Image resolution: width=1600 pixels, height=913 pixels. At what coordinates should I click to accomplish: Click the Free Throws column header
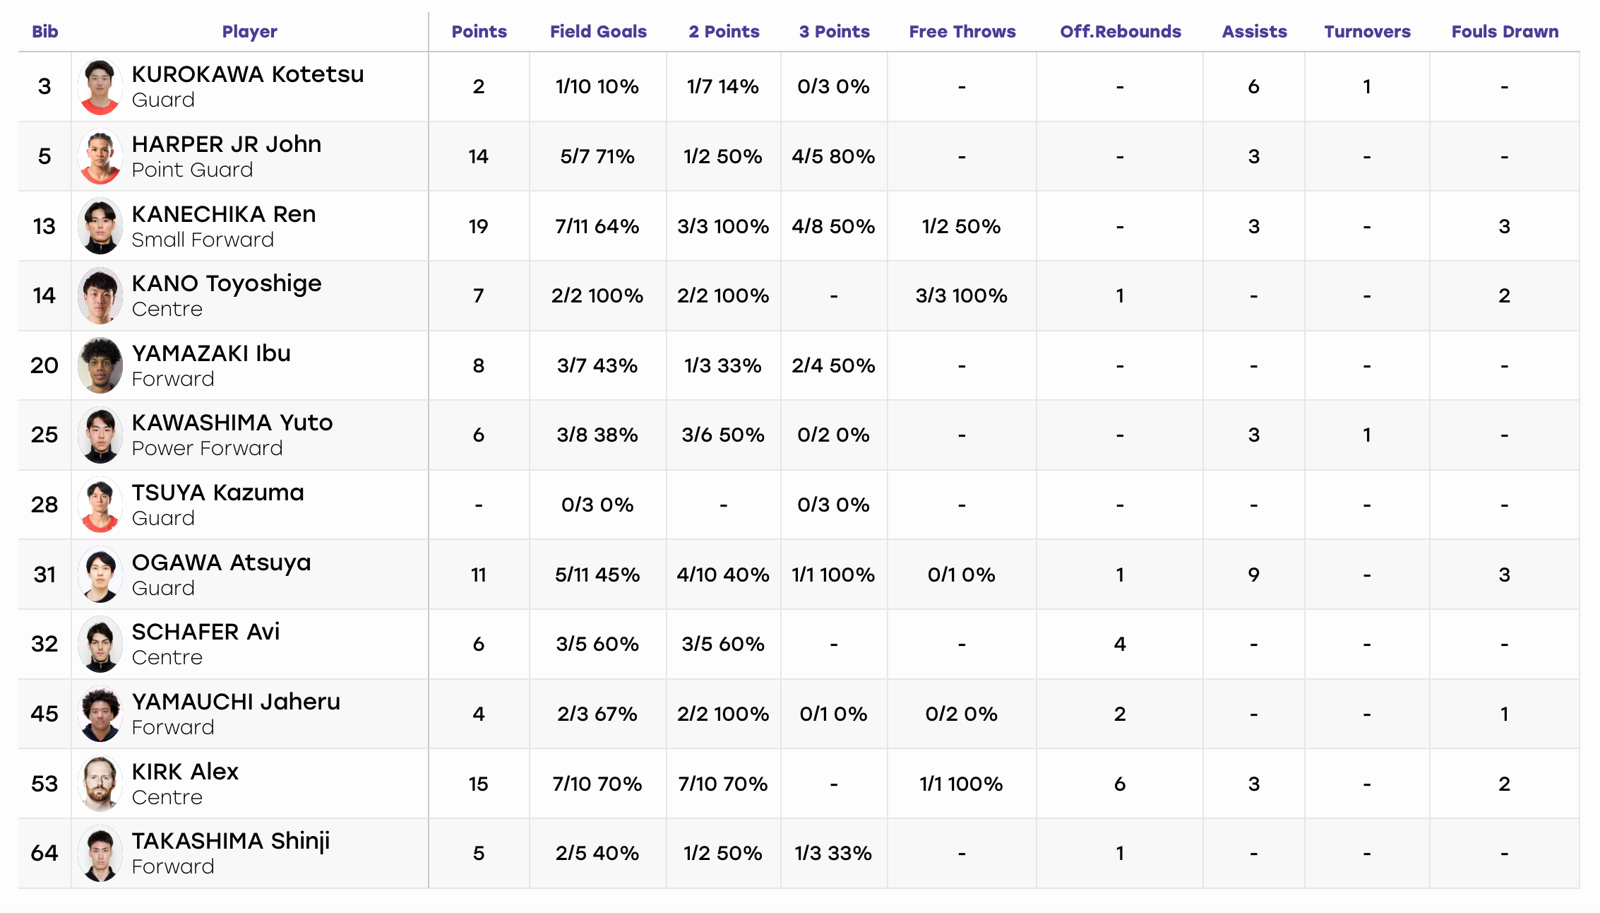point(962,32)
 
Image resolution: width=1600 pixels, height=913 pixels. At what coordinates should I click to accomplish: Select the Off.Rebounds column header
point(1120,32)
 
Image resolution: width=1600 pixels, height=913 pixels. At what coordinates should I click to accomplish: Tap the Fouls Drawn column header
point(1505,32)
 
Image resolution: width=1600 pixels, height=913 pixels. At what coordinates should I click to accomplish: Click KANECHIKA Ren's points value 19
point(478,226)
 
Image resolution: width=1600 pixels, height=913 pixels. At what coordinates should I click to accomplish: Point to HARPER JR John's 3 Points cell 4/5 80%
point(833,156)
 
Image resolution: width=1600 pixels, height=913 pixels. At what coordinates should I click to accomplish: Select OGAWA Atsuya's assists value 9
point(1253,575)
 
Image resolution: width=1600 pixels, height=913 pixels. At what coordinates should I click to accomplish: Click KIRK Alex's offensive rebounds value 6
point(1120,784)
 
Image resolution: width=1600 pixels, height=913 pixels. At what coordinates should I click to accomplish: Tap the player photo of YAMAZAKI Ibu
point(100,365)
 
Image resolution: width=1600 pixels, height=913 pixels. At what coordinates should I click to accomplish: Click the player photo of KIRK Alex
point(100,784)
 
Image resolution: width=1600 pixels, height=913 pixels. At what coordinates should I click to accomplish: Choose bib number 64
point(44,853)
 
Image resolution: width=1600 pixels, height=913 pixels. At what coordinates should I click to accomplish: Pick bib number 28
point(44,505)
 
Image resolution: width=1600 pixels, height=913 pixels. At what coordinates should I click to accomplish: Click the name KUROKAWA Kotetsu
point(248,74)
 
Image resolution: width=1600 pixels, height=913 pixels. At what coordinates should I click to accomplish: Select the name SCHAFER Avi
point(205,632)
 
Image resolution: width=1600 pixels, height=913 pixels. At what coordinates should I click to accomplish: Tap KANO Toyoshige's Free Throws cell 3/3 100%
point(961,295)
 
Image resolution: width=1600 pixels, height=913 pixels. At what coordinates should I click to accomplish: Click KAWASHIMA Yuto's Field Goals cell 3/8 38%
point(597,435)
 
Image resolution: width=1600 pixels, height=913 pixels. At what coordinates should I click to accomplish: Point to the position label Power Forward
point(207,448)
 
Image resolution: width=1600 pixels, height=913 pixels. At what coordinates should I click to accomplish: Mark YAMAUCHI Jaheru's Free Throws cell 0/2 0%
point(961,714)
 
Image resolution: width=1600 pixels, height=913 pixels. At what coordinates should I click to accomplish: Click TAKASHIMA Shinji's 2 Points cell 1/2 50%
point(723,853)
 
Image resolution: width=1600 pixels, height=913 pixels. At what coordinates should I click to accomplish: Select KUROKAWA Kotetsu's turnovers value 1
point(1367,86)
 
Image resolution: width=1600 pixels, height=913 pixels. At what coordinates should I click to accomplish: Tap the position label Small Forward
point(203,240)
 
